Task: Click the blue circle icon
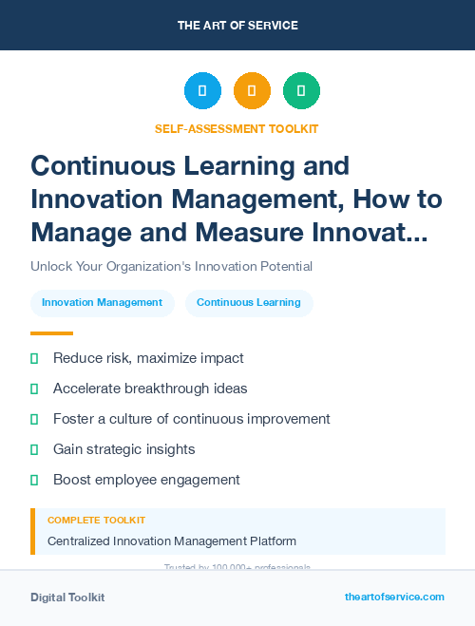point(202,90)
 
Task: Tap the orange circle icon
point(252,90)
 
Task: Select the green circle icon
point(301,90)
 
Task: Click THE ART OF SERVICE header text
point(237,26)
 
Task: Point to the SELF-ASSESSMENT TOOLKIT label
point(237,128)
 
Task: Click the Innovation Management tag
point(103,302)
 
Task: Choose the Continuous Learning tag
point(249,302)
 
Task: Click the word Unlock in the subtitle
point(50,267)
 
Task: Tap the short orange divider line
point(51,333)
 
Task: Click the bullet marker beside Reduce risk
point(34,359)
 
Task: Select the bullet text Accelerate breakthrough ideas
point(150,389)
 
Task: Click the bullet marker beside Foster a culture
point(34,419)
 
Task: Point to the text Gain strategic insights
point(124,449)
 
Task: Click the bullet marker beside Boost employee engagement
point(34,480)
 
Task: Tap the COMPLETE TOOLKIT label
point(96,521)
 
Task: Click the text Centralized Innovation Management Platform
point(172,541)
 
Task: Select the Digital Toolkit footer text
point(67,598)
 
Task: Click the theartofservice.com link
point(394,597)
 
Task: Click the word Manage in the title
point(80,231)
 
